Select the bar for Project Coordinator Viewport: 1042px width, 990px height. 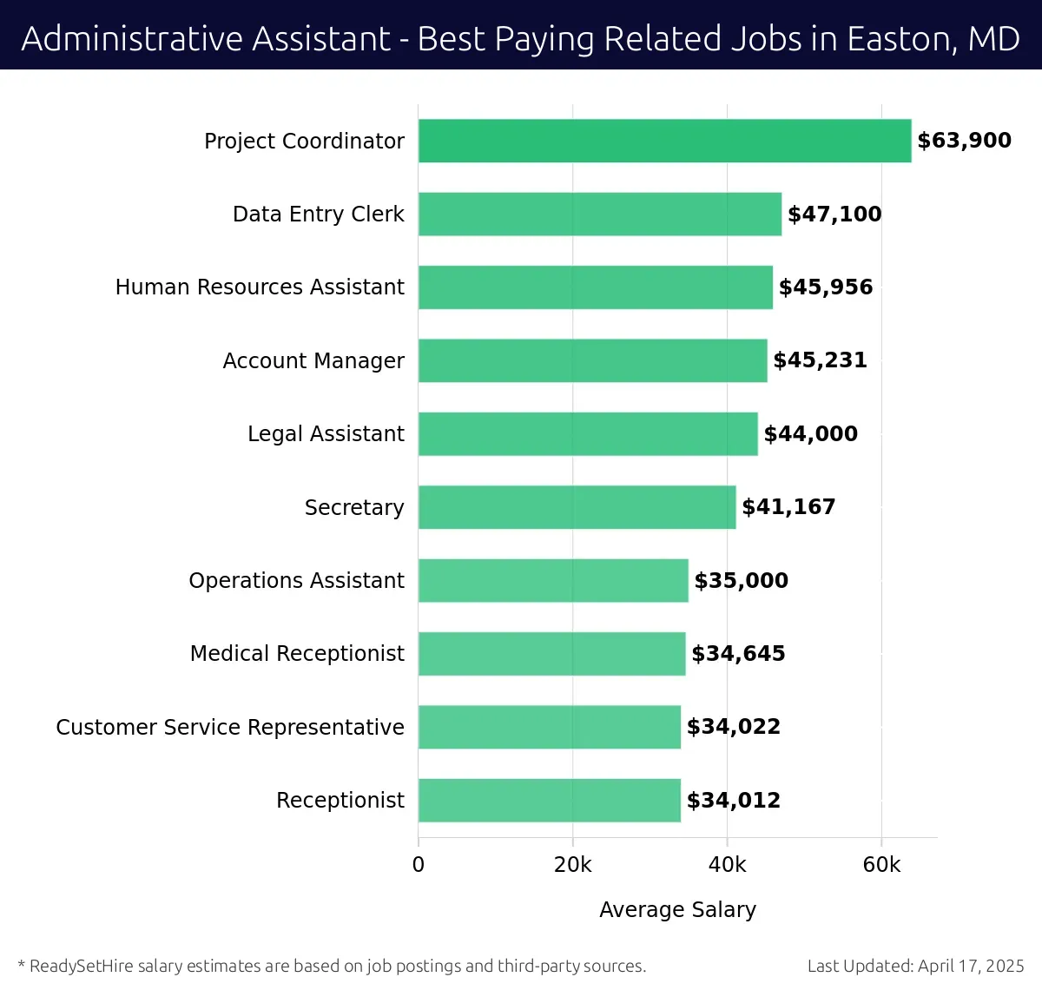click(664, 141)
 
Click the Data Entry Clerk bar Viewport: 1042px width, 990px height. click(599, 214)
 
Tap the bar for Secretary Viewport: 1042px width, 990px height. click(577, 507)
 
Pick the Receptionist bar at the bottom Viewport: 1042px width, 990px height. click(549, 801)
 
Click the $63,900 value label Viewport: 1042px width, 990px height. click(964, 141)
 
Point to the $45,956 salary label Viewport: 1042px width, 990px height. click(825, 287)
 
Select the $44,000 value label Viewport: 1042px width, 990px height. click(810, 434)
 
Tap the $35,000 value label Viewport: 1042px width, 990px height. click(741, 581)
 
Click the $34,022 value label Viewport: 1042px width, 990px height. click(733, 727)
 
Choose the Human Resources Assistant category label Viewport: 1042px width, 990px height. click(260, 287)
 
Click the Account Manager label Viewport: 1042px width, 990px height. click(313, 361)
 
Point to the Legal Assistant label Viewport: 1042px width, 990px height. click(326, 434)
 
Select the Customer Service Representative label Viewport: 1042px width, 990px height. click(230, 728)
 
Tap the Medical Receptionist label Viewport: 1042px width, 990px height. click(297, 654)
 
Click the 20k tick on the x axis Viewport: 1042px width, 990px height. click(572, 865)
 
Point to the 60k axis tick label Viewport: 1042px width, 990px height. click(881, 865)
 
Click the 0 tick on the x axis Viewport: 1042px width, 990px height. click(419, 865)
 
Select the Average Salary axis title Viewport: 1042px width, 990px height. click(677, 909)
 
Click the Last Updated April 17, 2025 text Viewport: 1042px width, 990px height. click(915, 966)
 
